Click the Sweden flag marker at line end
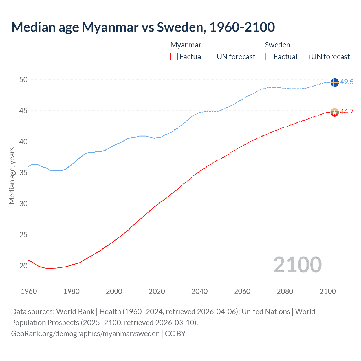pyautogui.click(x=334, y=82)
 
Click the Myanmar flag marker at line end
pyautogui.click(x=334, y=112)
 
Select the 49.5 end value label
pyautogui.click(x=347, y=82)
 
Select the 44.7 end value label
pyautogui.click(x=347, y=112)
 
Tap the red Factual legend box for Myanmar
pyautogui.click(x=174, y=57)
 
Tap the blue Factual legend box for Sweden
pyautogui.click(x=269, y=57)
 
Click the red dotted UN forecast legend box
pyautogui.click(x=212, y=57)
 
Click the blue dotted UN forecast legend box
pyautogui.click(x=306, y=57)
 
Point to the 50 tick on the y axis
pyautogui.click(x=23, y=80)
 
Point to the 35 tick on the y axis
pyautogui.click(x=23, y=173)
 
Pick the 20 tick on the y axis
pyautogui.click(x=23, y=266)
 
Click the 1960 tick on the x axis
pyautogui.click(x=29, y=291)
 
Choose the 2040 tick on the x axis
pyautogui.click(x=199, y=291)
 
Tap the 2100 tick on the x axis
pyautogui.click(x=328, y=291)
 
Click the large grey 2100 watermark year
pyautogui.click(x=297, y=265)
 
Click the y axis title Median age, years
pyautogui.click(x=12, y=175)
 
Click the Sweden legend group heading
pyautogui.click(x=278, y=45)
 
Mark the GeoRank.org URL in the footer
pyautogui.click(x=85, y=334)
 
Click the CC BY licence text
pyautogui.click(x=175, y=334)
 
